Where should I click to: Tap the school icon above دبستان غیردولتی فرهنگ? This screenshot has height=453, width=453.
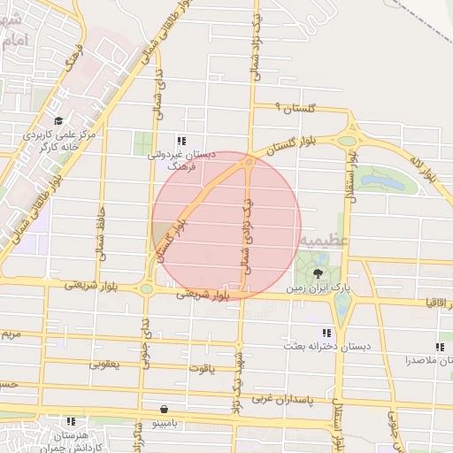tap(181, 141)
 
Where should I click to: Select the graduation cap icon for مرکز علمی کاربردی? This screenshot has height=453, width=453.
tap(58, 121)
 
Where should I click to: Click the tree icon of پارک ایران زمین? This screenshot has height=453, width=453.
tap(318, 273)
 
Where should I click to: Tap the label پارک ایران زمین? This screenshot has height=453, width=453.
tap(319, 288)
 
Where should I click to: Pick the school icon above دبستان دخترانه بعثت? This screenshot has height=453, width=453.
tap(327, 333)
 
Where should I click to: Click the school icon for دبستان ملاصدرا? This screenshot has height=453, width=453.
tap(440, 347)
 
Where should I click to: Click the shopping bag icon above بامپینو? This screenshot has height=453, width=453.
tap(165, 409)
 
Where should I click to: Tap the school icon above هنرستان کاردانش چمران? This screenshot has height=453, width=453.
tap(72, 421)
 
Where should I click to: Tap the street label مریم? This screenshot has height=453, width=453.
tap(9, 335)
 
